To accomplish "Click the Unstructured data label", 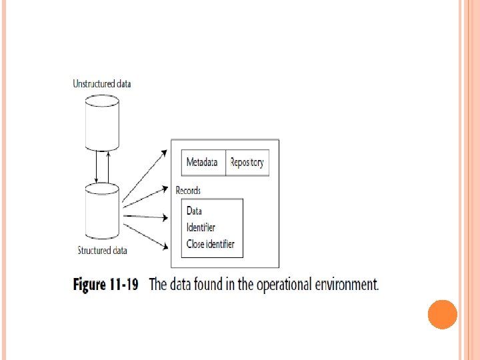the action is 101,84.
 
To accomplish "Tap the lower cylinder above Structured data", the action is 102,213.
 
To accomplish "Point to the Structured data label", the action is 102,251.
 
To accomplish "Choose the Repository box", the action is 247,163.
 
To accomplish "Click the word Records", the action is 188,191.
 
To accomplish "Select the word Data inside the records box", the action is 194,211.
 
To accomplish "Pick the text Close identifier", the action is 210,245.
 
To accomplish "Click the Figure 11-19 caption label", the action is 105,285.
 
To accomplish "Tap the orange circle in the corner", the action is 442,314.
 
